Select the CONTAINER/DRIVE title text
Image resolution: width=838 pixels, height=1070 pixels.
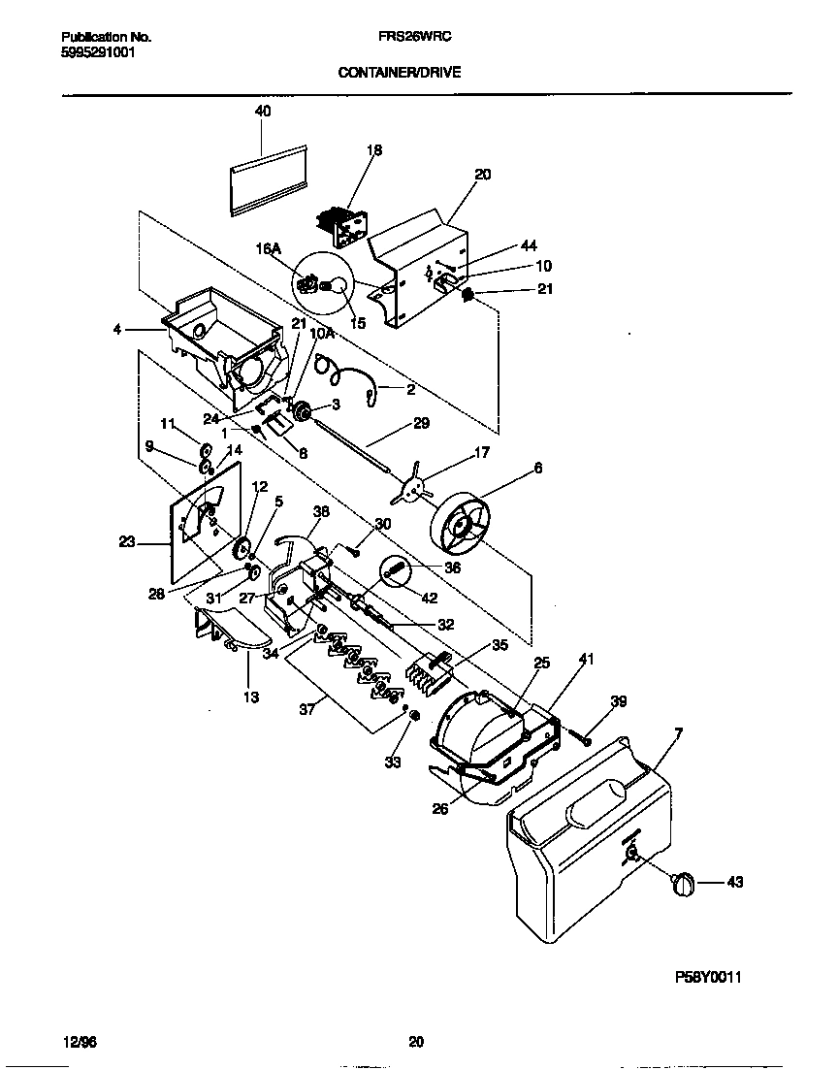pos(399,72)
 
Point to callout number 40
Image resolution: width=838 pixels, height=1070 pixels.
pos(263,112)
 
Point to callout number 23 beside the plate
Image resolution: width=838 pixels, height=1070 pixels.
pos(127,542)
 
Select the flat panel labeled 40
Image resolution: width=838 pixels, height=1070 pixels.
pos(269,178)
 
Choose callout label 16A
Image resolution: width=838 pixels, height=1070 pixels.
pos(269,249)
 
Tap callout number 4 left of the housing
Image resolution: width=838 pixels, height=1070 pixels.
pos(118,329)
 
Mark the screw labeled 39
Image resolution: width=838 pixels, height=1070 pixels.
pos(587,739)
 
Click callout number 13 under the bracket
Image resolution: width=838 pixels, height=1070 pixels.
pos(251,697)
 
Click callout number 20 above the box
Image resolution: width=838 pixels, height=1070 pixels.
pos(482,175)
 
